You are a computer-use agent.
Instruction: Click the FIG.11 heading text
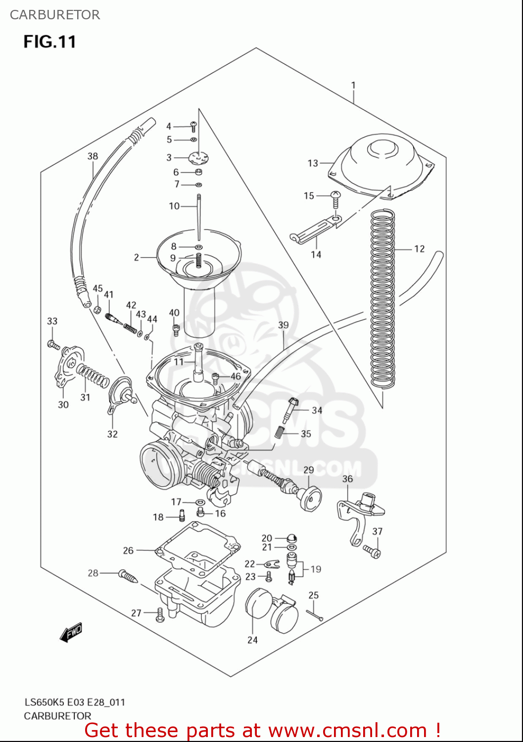[x=49, y=42]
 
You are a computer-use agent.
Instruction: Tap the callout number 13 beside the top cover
[x=313, y=163]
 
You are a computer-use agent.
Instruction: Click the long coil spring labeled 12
[x=382, y=297]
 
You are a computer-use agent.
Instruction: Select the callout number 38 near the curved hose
[x=93, y=156]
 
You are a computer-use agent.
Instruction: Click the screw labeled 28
[x=128, y=576]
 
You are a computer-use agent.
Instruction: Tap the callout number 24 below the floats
[x=252, y=640]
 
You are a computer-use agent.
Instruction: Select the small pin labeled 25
[x=314, y=615]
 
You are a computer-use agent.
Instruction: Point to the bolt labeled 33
[x=53, y=344]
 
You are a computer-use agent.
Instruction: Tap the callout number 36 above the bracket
[x=347, y=479]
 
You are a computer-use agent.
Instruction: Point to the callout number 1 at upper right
[x=353, y=85]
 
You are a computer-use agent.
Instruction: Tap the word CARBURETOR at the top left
[x=55, y=15]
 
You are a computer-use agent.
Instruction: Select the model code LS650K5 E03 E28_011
[x=75, y=702]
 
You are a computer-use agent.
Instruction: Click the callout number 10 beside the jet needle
[x=174, y=206]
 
